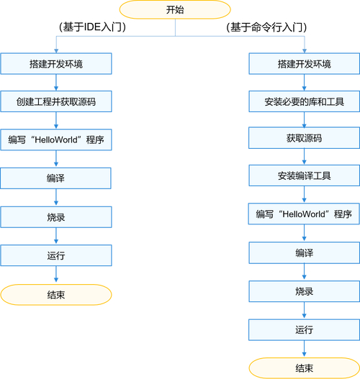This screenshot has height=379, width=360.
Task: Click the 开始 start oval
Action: (175, 9)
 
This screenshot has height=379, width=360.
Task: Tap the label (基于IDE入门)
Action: (92, 27)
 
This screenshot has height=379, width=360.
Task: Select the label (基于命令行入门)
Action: (266, 27)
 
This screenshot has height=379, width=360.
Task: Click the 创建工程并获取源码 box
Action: (56, 101)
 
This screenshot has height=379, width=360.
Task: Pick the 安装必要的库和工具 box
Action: (304, 101)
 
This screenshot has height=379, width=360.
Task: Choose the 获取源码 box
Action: (304, 138)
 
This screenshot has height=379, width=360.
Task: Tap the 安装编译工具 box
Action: (304, 175)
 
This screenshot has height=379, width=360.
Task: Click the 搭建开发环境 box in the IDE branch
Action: (56, 64)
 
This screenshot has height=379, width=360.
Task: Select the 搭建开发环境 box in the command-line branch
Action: (304, 64)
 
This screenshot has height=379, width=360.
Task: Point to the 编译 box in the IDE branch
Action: (56, 178)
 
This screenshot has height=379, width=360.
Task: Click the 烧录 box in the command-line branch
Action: (304, 291)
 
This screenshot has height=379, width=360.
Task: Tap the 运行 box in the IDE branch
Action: (56, 255)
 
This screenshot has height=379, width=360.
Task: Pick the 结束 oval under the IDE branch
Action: (56, 295)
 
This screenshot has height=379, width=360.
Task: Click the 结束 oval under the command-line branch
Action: (305, 368)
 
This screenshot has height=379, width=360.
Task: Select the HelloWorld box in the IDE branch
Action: (56, 140)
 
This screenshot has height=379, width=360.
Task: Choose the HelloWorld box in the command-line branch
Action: (304, 214)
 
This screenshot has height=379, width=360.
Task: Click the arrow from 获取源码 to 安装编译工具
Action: (304, 157)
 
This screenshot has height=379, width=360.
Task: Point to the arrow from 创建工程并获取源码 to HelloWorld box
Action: (56, 120)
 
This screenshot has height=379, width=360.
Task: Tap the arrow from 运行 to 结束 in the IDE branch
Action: (56, 274)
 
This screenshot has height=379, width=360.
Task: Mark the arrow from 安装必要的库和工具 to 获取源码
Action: (304, 120)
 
